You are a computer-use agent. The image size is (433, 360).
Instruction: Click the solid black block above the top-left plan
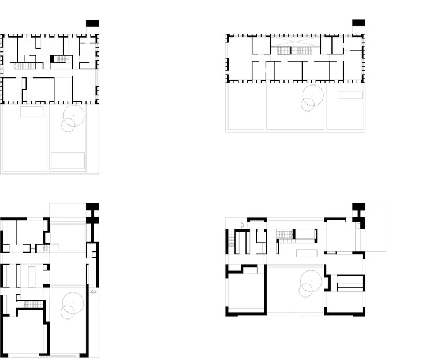tap(92, 23)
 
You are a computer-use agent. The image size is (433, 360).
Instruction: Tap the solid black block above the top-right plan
tap(359, 23)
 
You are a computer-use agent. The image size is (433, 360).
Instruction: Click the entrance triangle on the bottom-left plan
tap(94, 292)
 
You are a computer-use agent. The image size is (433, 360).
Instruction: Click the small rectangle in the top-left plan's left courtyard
tap(32, 112)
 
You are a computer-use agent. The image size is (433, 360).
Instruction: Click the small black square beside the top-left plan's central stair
tap(57, 59)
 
